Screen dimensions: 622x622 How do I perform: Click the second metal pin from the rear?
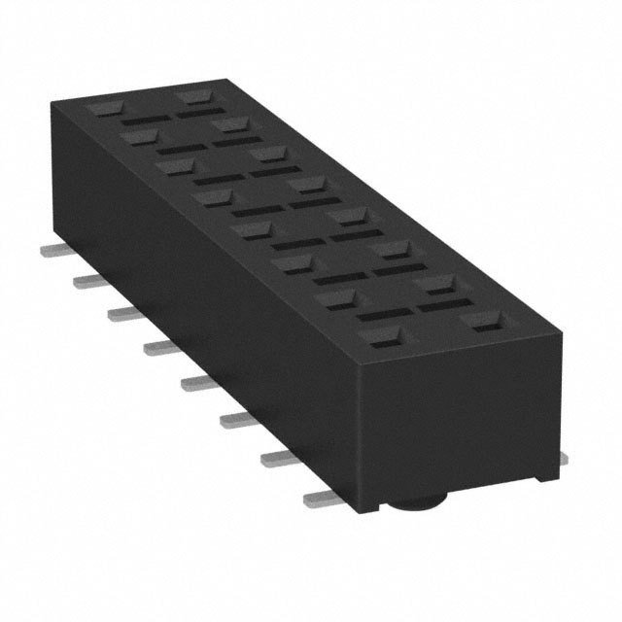[x=88, y=281]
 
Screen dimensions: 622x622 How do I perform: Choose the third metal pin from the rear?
[x=124, y=312]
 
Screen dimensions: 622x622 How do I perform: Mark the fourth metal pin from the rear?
[x=161, y=347]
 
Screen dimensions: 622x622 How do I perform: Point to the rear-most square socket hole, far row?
[x=193, y=97]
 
